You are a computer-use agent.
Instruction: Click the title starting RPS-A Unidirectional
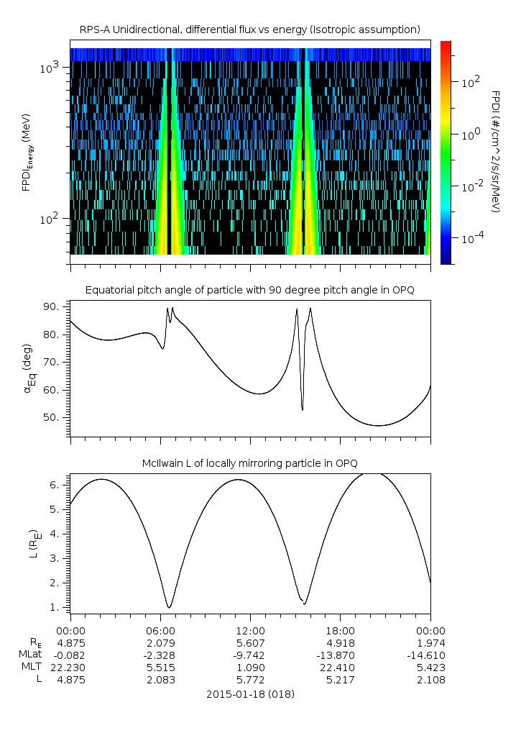pos(249,29)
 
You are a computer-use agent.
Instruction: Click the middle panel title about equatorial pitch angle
pos(249,290)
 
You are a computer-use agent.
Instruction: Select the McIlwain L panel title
pos(249,462)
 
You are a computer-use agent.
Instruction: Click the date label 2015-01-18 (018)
pos(249,694)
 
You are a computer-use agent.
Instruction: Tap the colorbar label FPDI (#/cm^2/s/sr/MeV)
pos(495,152)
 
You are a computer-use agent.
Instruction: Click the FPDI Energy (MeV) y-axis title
pos(27,152)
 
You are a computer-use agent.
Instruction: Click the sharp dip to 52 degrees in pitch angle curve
pos(302,409)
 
